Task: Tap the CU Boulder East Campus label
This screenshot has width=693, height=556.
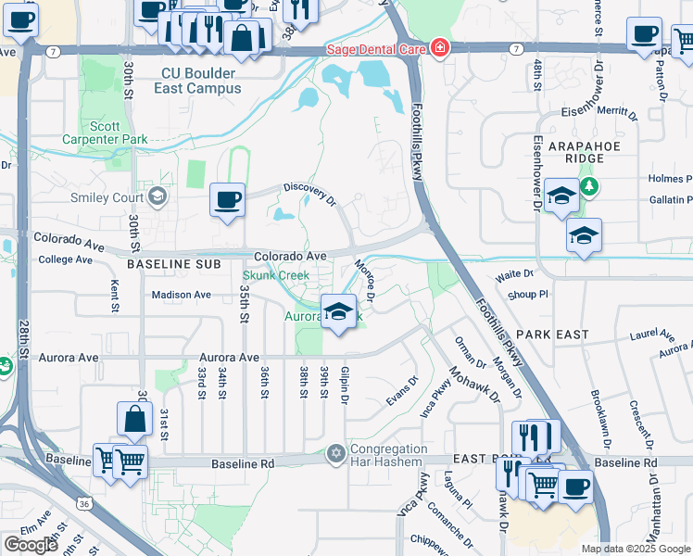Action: [188, 82]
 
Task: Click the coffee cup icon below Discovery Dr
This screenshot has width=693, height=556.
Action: [227, 199]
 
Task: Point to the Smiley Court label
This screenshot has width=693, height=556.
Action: [107, 196]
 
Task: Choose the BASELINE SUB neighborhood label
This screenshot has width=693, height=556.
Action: [174, 264]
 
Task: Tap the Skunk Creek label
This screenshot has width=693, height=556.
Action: [275, 275]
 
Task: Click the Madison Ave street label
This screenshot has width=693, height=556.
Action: [182, 295]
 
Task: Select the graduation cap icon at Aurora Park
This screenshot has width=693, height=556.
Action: [339, 310]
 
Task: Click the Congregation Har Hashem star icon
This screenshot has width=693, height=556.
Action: [335, 454]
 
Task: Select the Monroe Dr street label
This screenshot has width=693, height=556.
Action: [363, 281]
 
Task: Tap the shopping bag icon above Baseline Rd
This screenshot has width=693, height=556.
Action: [134, 420]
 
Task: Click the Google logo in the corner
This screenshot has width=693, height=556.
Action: [31, 545]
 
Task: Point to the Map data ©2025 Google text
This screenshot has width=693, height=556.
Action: [636, 549]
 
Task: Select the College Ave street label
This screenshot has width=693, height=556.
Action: [65, 259]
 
